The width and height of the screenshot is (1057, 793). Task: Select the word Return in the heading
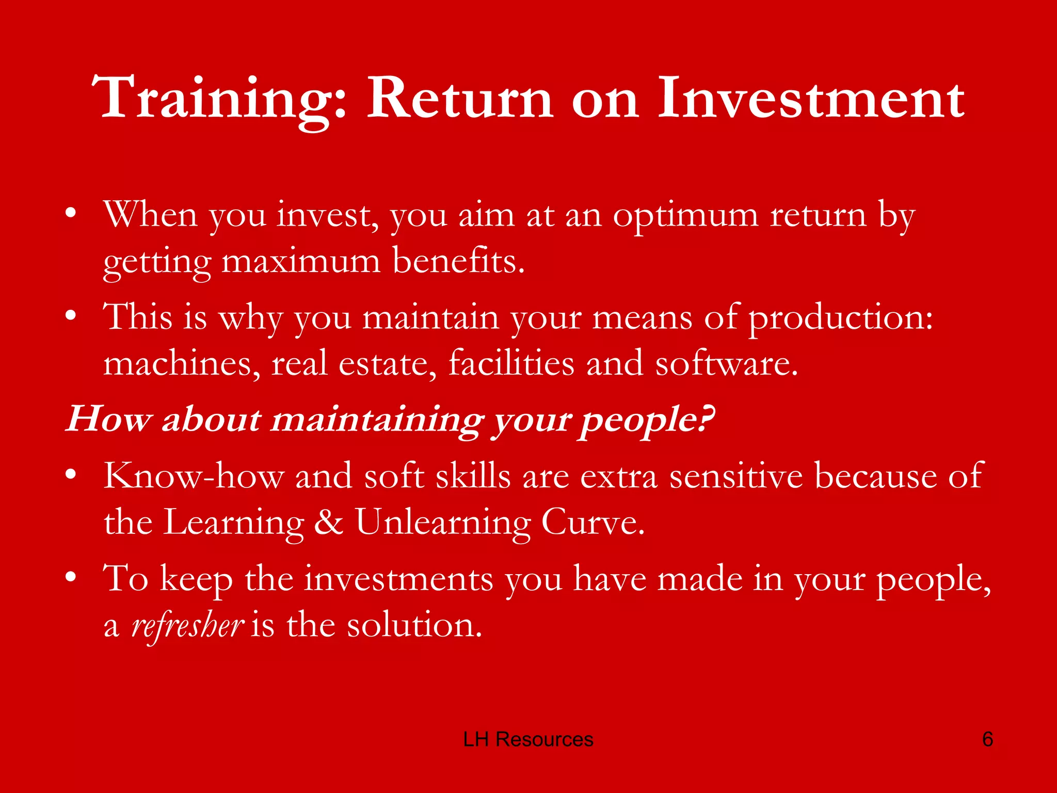coord(459,98)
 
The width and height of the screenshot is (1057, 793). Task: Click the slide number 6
coord(987,739)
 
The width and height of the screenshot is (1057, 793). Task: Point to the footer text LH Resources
coord(528,739)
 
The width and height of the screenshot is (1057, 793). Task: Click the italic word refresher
coord(187,625)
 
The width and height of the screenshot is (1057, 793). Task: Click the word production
coord(840,318)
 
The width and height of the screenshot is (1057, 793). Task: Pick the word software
coord(726,363)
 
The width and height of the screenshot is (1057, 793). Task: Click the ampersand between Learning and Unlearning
coord(329,522)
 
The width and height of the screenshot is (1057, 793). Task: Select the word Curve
coord(592,522)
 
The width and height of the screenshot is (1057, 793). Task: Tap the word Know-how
coord(194,475)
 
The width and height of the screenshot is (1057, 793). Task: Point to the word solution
coord(414,625)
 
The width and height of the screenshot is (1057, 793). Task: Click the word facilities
coord(511,363)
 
